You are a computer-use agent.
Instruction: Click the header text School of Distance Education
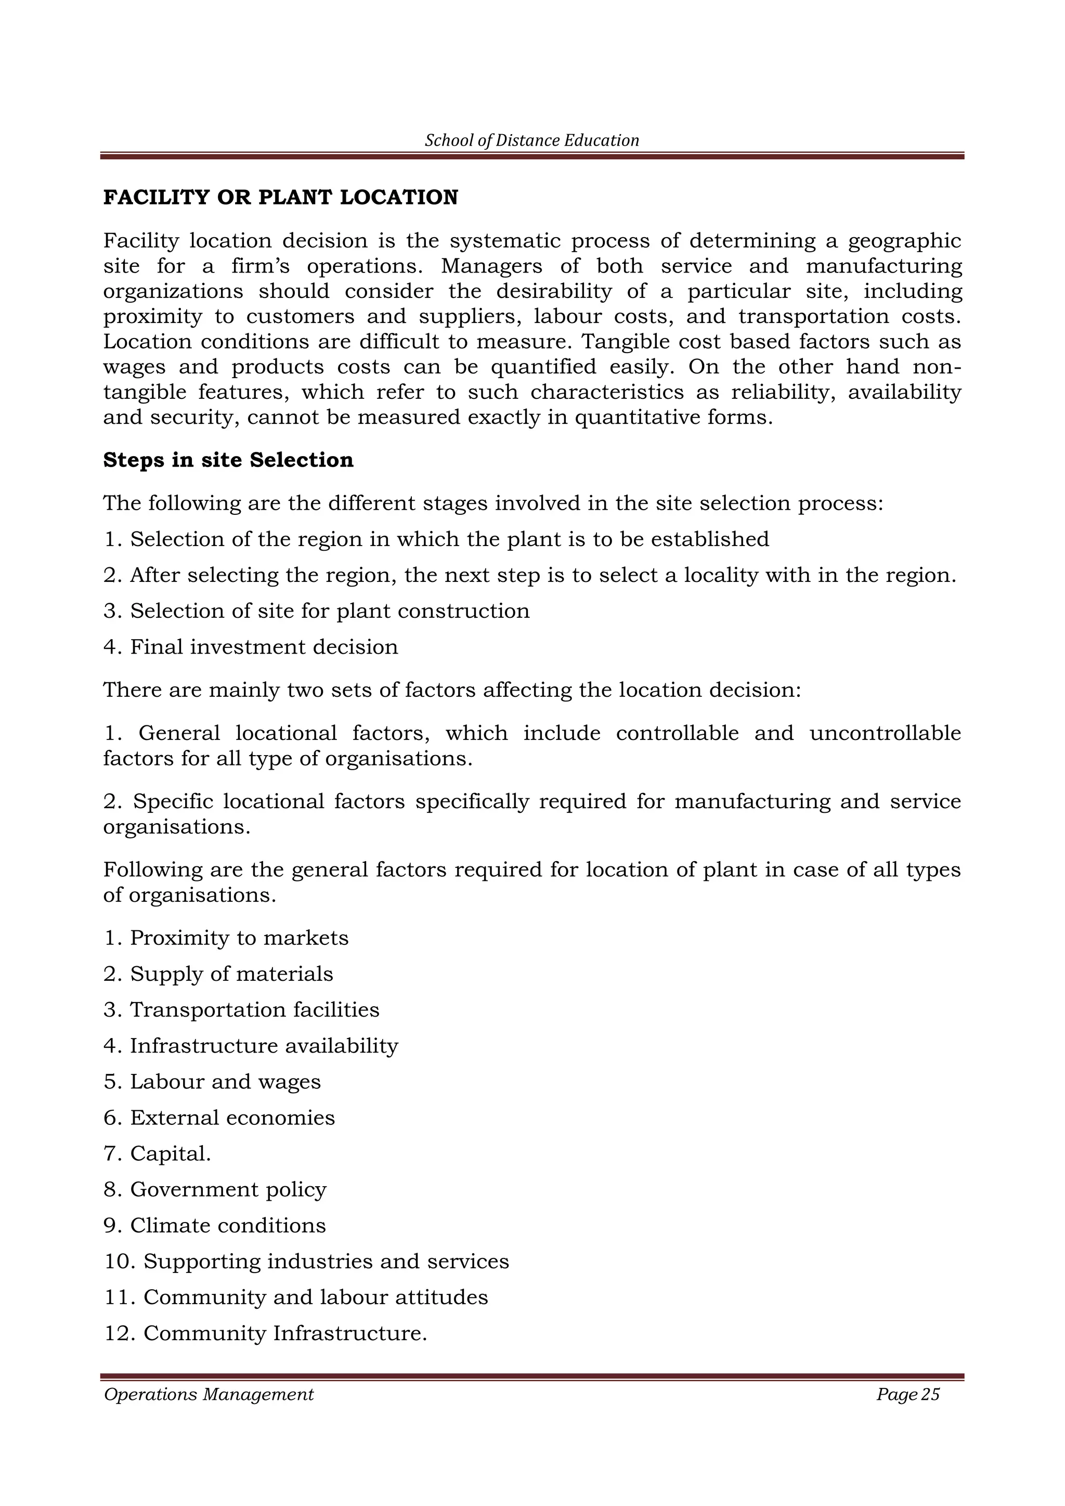tap(532, 140)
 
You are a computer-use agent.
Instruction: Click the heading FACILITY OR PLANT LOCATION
tap(281, 198)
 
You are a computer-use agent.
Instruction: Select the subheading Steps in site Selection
tap(228, 460)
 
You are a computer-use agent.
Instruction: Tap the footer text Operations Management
tap(209, 1395)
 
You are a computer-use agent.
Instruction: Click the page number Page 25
tap(907, 1395)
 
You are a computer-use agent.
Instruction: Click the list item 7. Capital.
tap(158, 1154)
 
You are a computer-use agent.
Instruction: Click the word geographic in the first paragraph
tap(904, 242)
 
